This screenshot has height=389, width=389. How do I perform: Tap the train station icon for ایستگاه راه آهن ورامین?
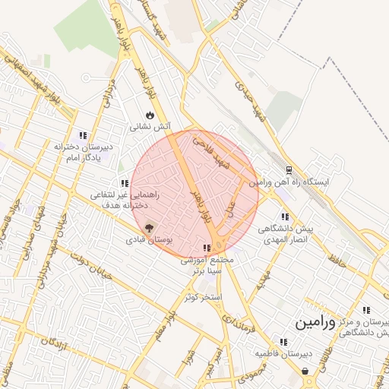coord(289,171)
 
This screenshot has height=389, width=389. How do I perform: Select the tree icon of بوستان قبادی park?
coord(149,227)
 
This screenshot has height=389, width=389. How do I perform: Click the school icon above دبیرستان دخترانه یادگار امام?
coord(83,135)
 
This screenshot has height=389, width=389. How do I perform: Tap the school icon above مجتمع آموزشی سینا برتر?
coord(207,248)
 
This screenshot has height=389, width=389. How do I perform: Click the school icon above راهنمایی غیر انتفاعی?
coord(124,183)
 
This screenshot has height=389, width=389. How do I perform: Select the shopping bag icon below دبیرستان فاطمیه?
coord(305,372)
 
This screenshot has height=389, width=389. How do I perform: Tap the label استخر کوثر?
coord(202,296)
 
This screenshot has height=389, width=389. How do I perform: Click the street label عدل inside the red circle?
coord(232,205)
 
